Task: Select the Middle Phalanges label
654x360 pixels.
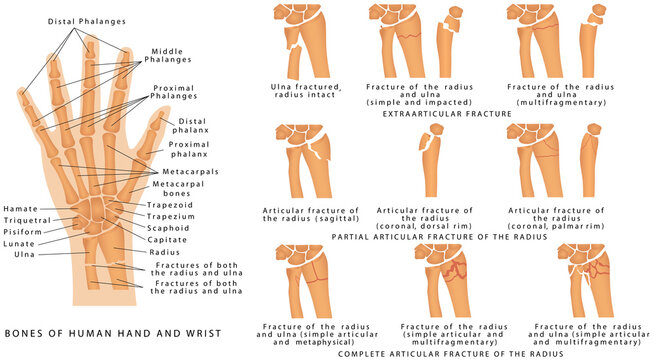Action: [173, 55]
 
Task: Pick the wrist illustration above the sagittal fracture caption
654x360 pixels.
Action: [304, 160]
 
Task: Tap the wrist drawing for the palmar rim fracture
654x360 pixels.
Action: [560, 160]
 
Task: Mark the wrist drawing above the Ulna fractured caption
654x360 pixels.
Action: [304, 40]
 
